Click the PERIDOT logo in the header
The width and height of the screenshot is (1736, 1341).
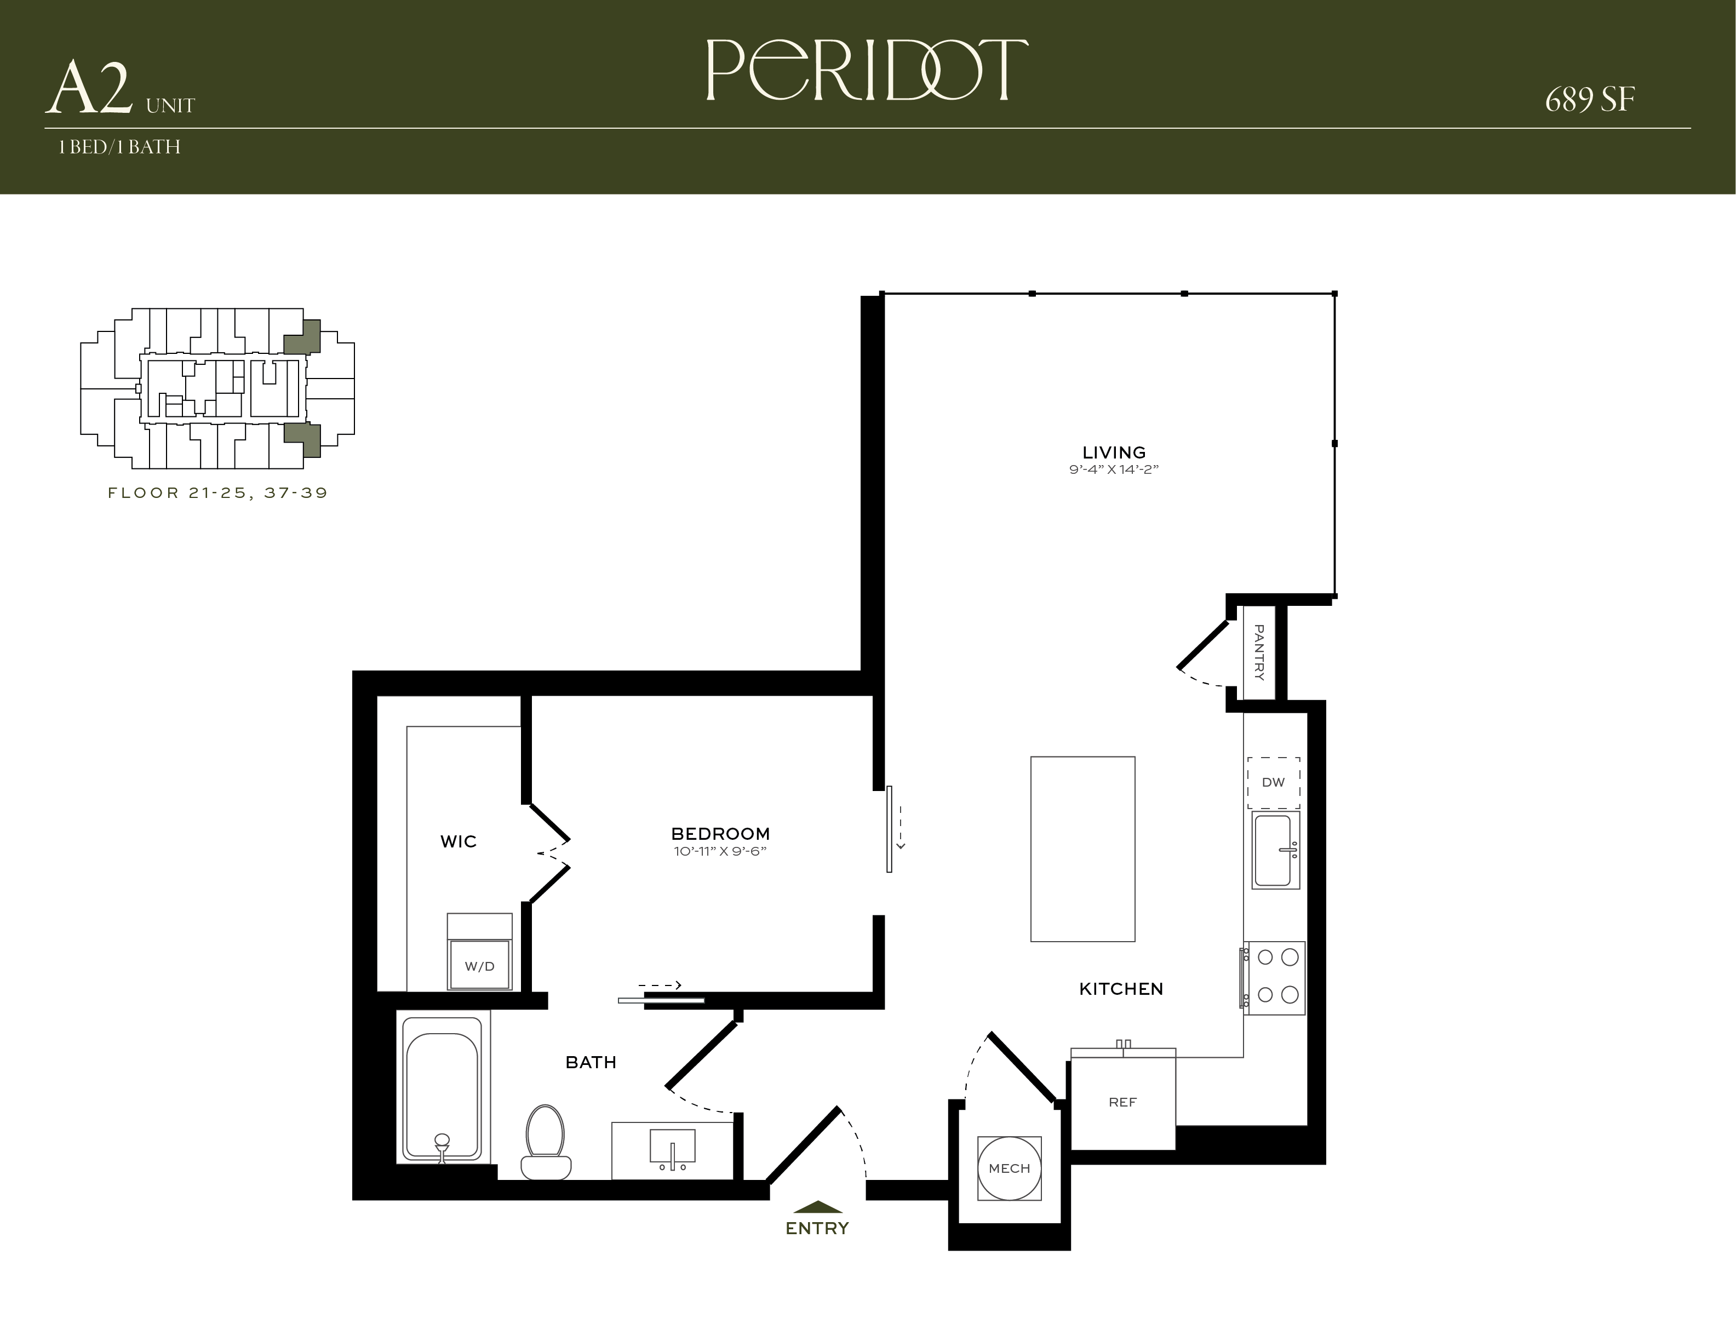867,70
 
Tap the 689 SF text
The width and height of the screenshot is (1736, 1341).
1590,100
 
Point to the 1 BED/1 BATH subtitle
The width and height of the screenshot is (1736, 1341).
119,147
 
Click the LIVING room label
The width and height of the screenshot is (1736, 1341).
1114,452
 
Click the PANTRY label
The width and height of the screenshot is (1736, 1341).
1259,652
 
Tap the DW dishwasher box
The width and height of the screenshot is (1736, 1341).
1274,782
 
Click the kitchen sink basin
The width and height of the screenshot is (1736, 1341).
1276,850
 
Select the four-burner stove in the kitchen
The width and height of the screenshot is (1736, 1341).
1274,978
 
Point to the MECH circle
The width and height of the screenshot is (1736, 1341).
1010,1168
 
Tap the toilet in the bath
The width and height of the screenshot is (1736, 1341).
545,1142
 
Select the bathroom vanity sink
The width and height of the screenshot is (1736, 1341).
673,1146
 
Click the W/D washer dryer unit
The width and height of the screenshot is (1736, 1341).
479,952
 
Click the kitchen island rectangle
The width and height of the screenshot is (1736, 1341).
1082,849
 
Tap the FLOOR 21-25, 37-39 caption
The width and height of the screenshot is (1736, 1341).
218,493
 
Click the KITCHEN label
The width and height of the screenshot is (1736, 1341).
1121,989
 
